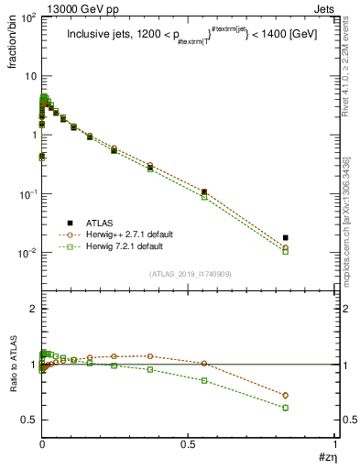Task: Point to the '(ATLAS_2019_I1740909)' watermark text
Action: [x=190, y=273]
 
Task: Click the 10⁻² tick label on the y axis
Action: [x=27, y=253]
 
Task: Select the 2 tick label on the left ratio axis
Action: [x=32, y=310]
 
